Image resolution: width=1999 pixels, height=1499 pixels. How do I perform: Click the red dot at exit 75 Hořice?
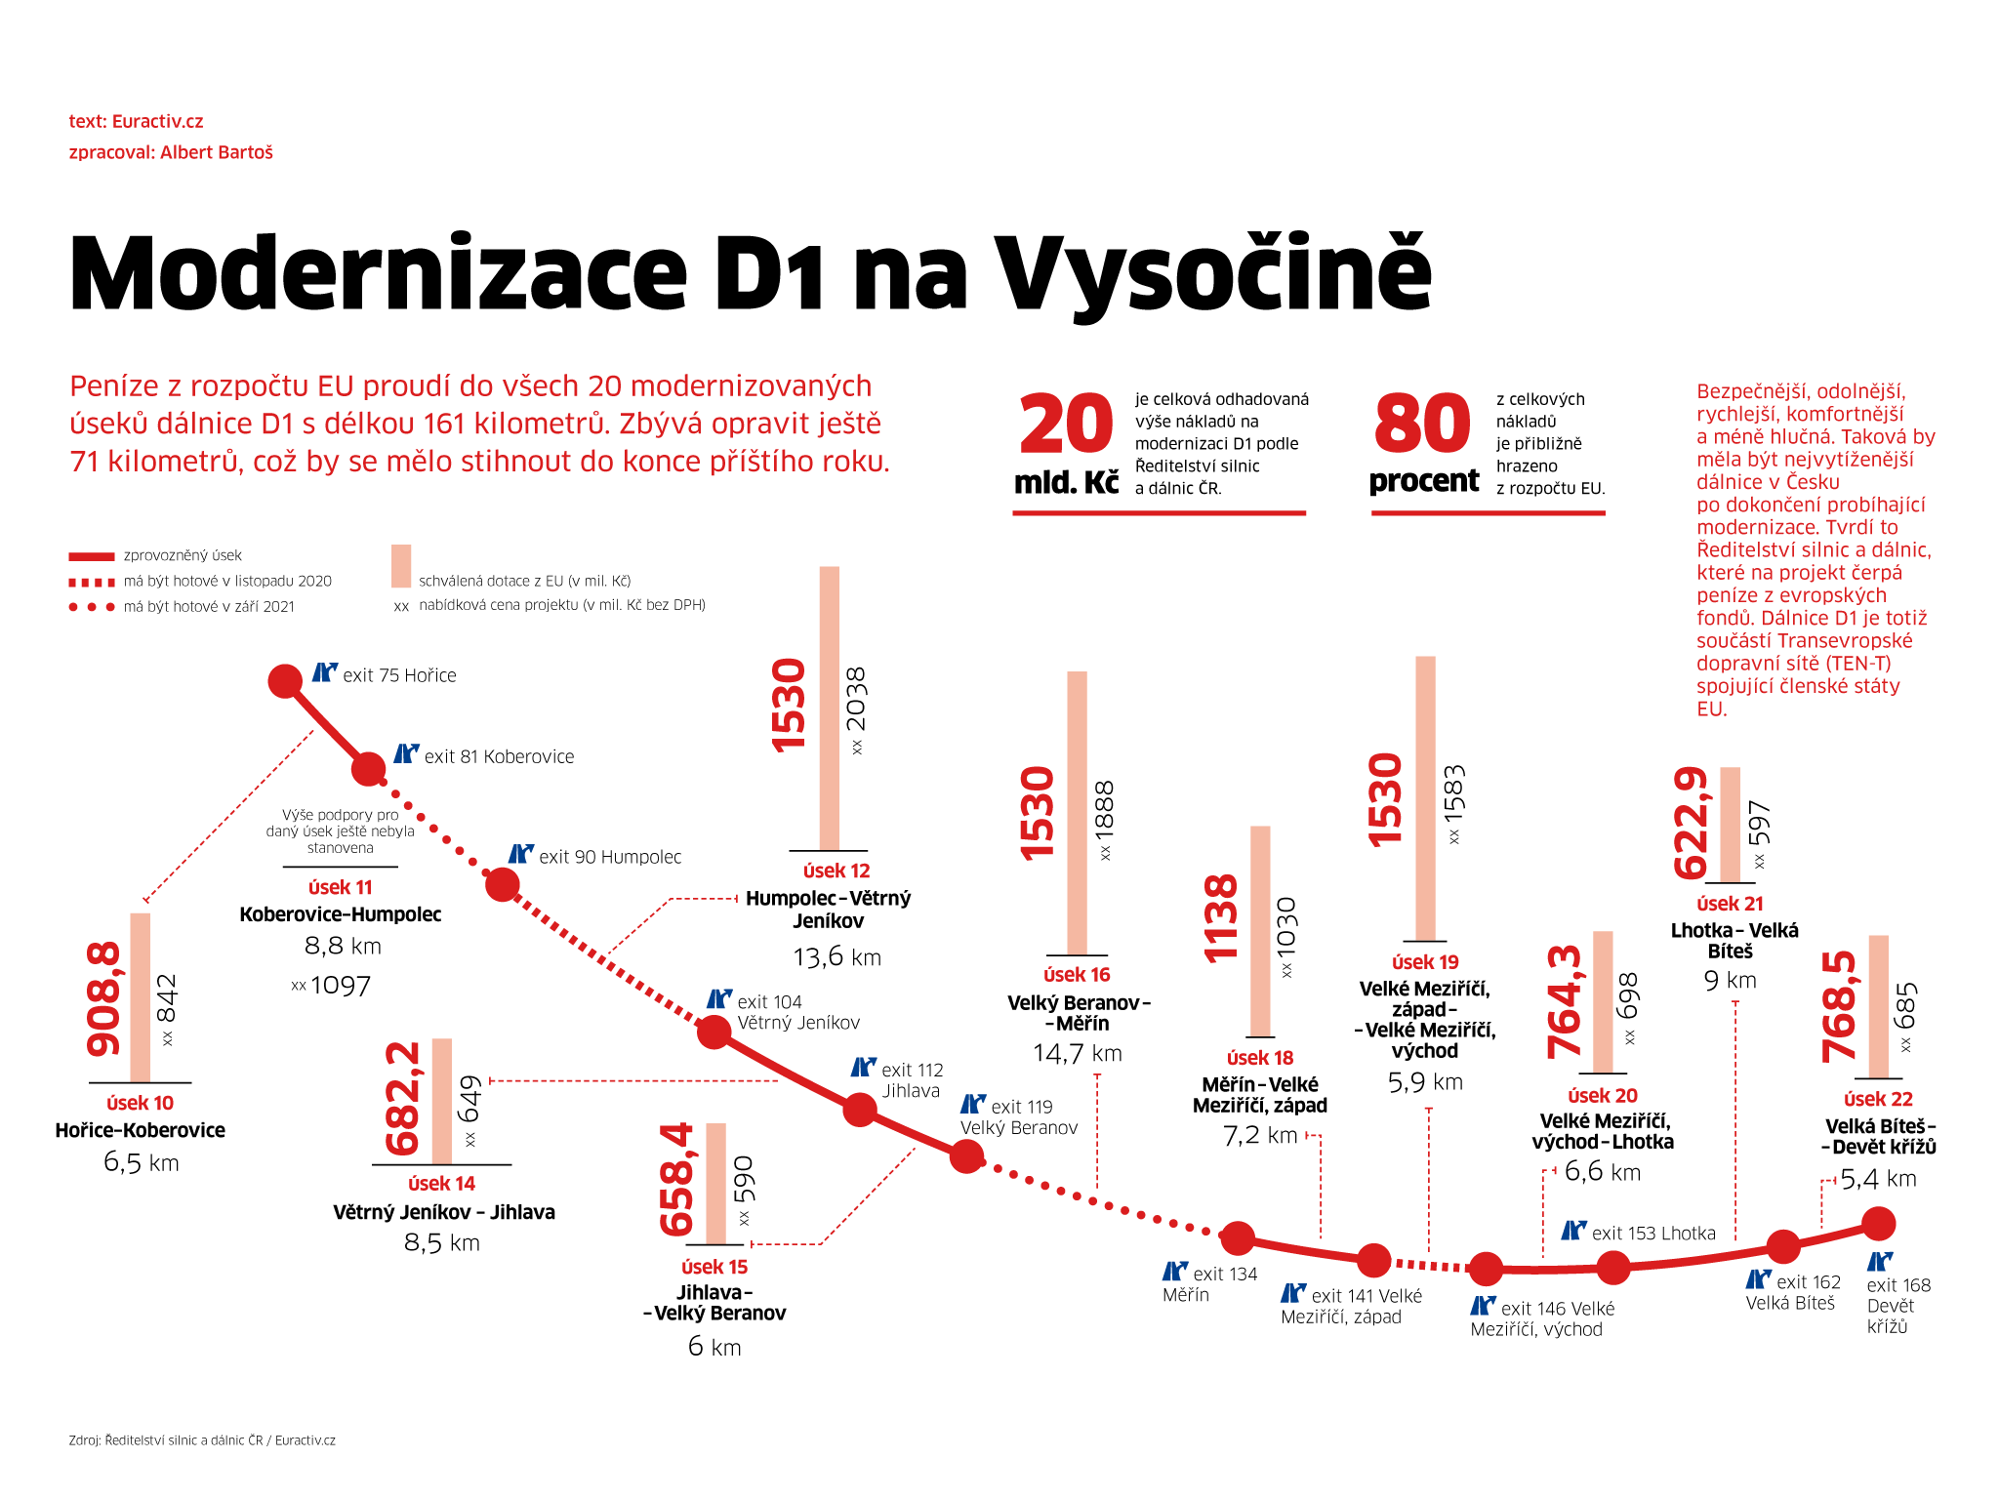[285, 681]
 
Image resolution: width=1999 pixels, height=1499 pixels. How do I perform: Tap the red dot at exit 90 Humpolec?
[503, 885]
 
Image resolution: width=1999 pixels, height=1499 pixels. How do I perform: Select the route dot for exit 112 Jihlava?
[860, 1110]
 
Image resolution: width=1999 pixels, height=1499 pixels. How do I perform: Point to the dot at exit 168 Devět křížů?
[1879, 1223]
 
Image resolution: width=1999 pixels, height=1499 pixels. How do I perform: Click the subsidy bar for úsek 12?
[830, 708]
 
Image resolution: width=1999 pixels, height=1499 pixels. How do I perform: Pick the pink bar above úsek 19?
[1426, 798]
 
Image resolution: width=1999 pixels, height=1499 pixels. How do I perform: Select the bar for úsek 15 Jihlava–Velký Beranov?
[716, 1183]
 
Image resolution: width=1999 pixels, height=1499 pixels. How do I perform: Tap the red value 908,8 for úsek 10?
[104, 998]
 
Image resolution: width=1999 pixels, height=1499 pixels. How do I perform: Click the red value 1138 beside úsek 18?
[1221, 918]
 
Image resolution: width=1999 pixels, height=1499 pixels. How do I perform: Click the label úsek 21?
[1730, 904]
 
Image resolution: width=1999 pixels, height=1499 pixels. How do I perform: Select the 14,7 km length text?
[1078, 1054]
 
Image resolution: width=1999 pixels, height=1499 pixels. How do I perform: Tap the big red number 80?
[1422, 425]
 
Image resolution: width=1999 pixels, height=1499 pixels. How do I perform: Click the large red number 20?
[1066, 425]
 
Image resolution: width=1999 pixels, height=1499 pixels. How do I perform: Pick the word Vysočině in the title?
[1212, 274]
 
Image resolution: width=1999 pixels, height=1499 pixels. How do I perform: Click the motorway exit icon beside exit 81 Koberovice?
[406, 754]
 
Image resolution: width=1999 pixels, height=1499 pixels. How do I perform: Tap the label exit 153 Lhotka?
[1652, 1234]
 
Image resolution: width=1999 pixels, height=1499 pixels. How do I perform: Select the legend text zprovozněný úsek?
[183, 555]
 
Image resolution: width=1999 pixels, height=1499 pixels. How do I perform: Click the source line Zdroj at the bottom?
[202, 1440]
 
